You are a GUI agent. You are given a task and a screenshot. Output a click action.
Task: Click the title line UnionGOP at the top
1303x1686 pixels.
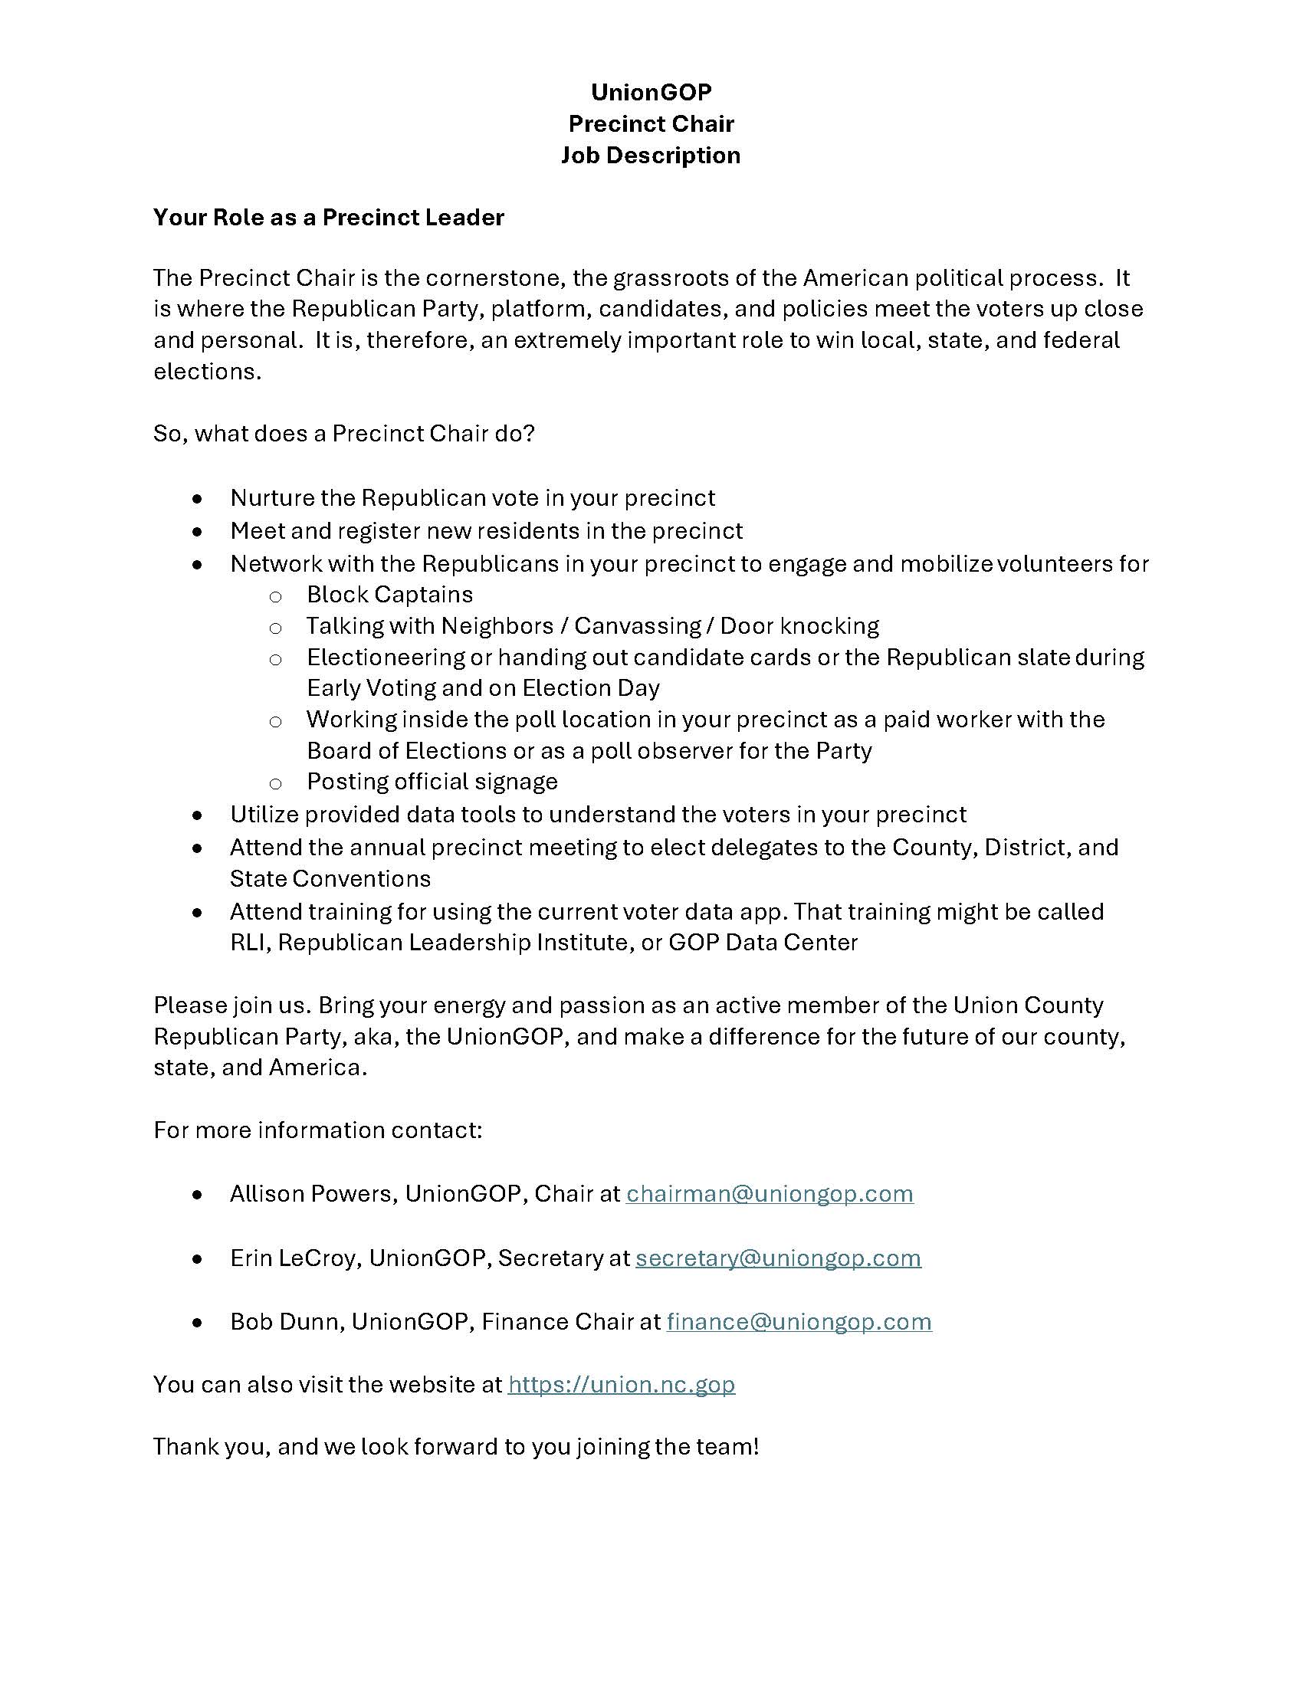coord(651,92)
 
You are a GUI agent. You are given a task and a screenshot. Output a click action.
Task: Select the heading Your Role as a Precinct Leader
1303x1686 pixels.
coord(328,217)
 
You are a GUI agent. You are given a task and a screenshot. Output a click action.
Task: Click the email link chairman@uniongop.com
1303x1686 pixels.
coord(770,1193)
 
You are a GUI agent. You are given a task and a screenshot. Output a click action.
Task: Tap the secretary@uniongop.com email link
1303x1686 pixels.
coord(778,1258)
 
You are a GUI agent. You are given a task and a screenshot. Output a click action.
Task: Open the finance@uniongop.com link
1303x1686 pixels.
coord(799,1322)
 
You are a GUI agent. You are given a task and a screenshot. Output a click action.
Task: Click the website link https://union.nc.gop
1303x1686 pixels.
coord(622,1384)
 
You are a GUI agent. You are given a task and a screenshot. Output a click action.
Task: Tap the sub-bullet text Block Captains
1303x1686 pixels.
coord(390,595)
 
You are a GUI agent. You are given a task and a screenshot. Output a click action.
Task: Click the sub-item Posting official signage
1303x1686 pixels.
coord(432,781)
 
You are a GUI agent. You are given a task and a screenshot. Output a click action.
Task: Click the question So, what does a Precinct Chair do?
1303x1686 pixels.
coord(343,433)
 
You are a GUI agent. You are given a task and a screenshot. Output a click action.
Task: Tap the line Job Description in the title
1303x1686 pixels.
coord(651,155)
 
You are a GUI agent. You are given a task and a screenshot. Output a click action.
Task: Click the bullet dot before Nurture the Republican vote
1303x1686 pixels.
coord(199,499)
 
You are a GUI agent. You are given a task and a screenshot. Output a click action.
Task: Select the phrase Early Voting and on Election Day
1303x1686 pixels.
coord(483,688)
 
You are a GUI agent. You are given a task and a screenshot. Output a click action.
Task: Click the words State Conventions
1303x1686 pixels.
coord(330,878)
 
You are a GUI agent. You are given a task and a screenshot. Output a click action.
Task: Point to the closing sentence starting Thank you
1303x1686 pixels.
coord(455,1446)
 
